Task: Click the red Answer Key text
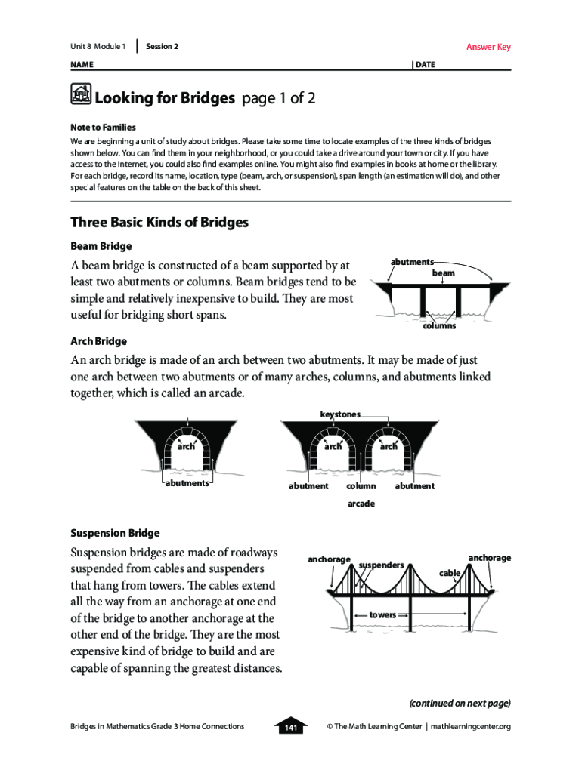(488, 47)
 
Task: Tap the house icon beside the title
(80, 95)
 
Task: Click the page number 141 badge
(290, 727)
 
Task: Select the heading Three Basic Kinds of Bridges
(159, 223)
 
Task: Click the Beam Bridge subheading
(101, 246)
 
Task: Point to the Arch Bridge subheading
(98, 341)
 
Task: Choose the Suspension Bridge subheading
(115, 533)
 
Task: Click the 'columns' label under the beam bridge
(438, 326)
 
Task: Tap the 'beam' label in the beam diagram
(443, 273)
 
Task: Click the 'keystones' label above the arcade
(340, 414)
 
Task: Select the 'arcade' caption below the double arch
(361, 504)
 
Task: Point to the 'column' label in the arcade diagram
(361, 486)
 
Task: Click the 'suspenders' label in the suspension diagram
(381, 564)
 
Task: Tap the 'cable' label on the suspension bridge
(450, 573)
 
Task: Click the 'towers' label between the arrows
(382, 615)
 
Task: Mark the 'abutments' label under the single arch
(187, 483)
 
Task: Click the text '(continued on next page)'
(460, 703)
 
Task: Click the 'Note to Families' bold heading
(103, 128)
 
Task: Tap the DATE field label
(425, 65)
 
